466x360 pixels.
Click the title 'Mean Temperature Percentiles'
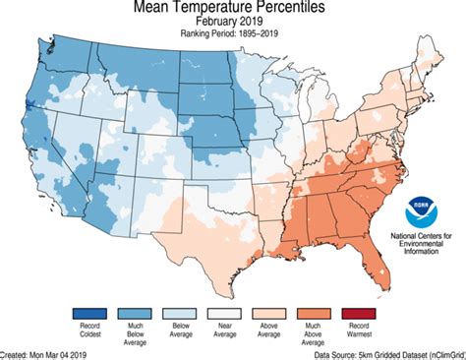(x=233, y=10)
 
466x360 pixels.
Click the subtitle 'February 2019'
(x=233, y=26)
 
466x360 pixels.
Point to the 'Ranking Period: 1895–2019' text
(x=233, y=39)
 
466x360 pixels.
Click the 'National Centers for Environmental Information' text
(x=422, y=244)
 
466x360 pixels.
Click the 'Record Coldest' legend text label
(x=90, y=331)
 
